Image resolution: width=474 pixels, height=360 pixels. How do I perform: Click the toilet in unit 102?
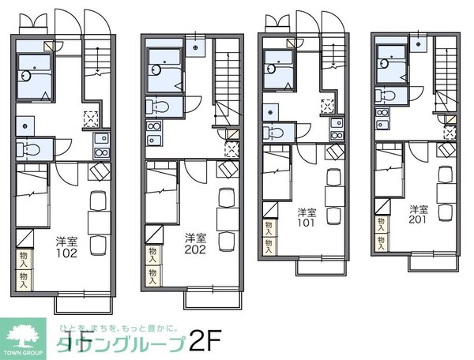30,148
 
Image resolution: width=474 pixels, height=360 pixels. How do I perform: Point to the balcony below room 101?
317,267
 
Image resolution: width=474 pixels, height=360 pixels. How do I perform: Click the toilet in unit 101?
273,133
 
